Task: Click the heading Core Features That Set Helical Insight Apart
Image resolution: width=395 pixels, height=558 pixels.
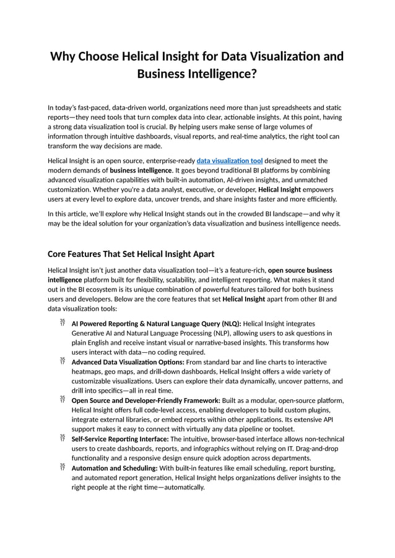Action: coord(131,254)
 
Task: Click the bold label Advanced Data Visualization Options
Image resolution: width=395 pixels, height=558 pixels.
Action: coord(128,361)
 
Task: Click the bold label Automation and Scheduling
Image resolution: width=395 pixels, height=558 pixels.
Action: coord(114,468)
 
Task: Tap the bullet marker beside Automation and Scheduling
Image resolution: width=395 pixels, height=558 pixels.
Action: coord(62,467)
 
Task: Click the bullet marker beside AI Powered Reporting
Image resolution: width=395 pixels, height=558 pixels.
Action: coord(62,323)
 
